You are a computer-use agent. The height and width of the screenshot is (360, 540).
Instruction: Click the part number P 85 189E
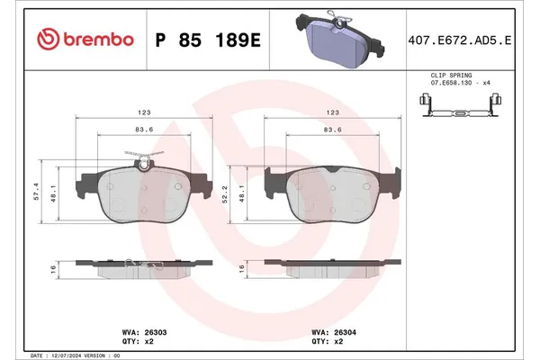[x=208, y=40]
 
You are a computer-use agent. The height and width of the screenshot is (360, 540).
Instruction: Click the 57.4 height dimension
[x=36, y=191]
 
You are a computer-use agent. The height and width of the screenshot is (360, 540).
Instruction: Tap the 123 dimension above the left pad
[x=143, y=113]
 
